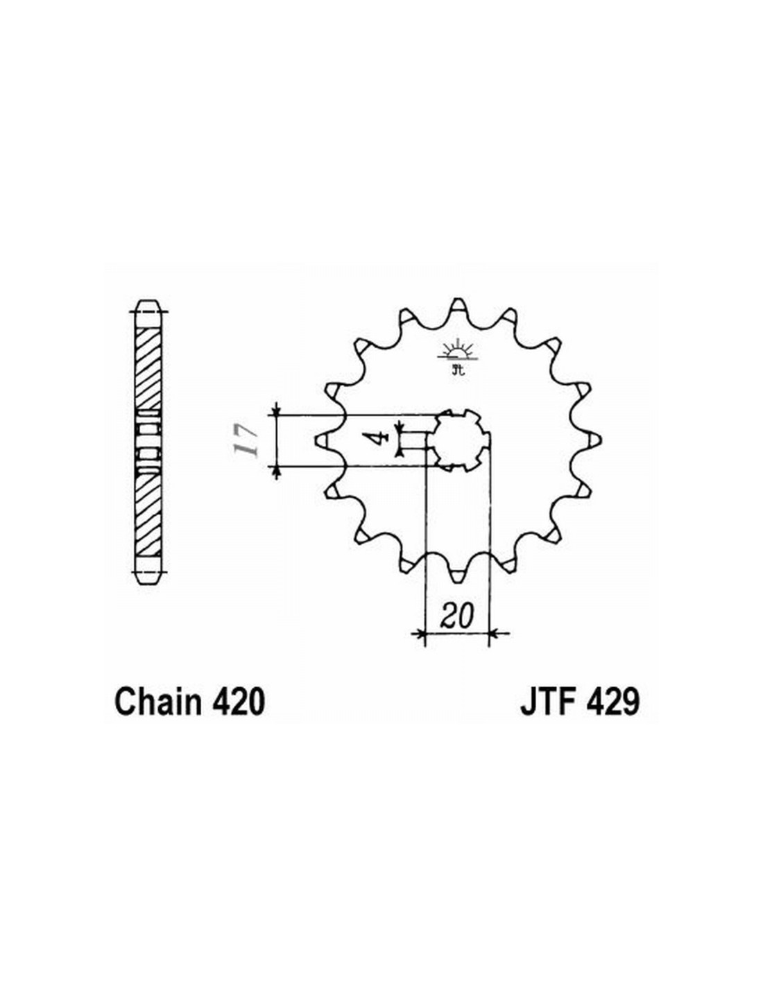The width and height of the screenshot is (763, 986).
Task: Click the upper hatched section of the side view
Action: click(148, 368)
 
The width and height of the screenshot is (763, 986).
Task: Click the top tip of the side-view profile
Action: click(148, 301)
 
